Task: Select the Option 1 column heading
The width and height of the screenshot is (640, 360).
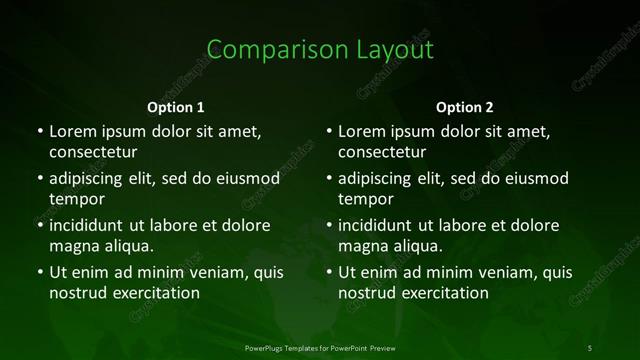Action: (x=176, y=107)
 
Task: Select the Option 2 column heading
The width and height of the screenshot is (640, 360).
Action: (x=465, y=107)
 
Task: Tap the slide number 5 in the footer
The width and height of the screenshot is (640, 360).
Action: (x=590, y=347)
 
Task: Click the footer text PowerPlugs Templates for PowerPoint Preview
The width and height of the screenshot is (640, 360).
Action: (x=319, y=347)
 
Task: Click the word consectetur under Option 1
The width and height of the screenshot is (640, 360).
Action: (x=93, y=153)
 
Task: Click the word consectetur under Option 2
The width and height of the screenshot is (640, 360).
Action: (x=382, y=153)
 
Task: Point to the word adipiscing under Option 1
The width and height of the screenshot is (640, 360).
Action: (x=91, y=179)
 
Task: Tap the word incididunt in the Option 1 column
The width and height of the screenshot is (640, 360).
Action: (x=92, y=225)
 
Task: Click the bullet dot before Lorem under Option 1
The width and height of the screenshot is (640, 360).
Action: (x=39, y=131)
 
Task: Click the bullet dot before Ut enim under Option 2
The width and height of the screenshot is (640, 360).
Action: (x=328, y=272)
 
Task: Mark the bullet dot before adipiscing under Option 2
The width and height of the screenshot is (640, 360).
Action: (x=328, y=179)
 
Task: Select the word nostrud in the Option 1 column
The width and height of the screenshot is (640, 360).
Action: (x=76, y=293)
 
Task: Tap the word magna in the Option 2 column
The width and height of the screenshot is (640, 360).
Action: (x=363, y=246)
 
